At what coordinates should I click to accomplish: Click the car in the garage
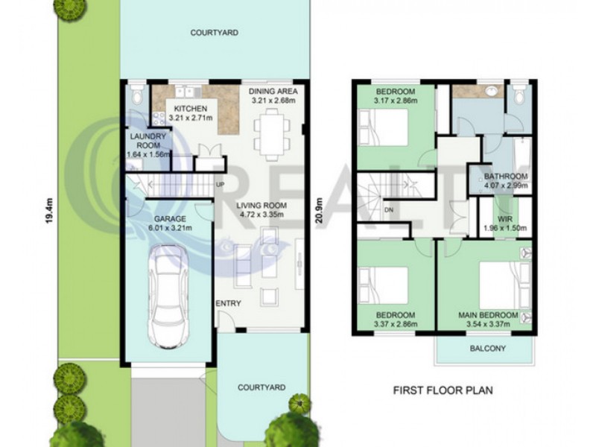pos(168,297)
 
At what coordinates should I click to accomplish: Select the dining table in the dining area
pos(272,134)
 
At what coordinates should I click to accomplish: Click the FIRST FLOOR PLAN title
pos(443,390)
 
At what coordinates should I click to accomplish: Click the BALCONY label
pos(488,348)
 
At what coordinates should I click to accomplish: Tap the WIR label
pos(505,219)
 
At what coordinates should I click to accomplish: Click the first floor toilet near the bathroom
pos(518,94)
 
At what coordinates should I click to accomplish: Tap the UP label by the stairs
pos(220,185)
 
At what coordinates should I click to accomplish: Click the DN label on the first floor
pos(389,210)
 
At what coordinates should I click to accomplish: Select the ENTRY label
pos(229,303)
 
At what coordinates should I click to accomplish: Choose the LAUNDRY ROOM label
pos(148,141)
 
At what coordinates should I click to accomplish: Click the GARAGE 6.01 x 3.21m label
pos(170,223)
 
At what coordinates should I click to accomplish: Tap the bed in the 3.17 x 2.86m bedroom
pos(384,127)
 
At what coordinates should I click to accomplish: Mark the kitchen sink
pos(185,92)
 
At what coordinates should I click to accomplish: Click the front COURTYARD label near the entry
pos(261,387)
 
